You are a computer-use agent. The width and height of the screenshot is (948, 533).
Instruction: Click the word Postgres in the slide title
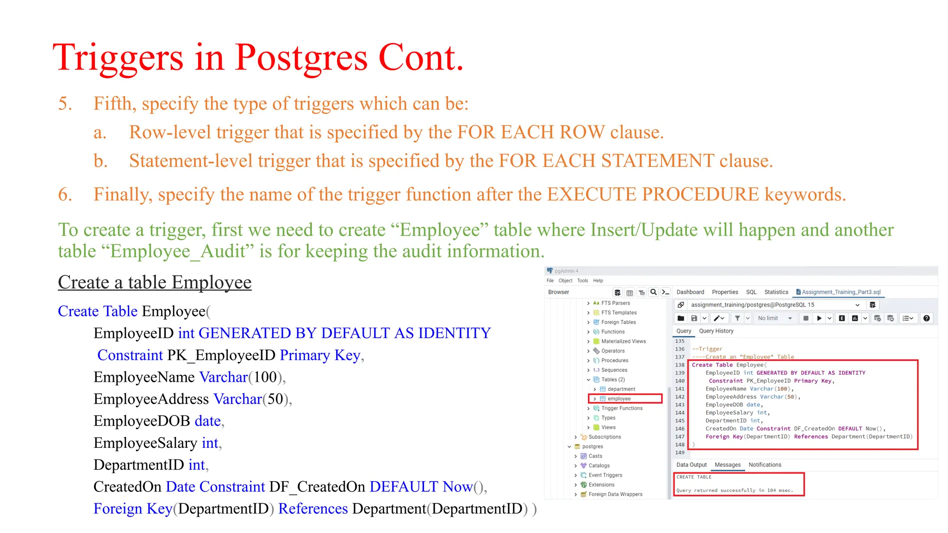coord(301,58)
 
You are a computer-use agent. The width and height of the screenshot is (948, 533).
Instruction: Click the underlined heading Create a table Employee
coord(155,282)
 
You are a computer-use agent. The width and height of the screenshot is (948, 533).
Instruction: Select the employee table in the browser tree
coord(619,399)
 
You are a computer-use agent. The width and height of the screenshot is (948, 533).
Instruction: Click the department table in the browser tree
coord(621,389)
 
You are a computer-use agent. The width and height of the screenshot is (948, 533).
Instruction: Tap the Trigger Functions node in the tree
coord(622,408)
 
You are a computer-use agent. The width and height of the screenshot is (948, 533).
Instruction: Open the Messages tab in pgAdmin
coord(727,465)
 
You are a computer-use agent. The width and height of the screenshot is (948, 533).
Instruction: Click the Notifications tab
coord(765,465)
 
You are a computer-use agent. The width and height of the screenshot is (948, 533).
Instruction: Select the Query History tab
coord(716,331)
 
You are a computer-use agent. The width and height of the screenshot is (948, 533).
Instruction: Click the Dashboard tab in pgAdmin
coord(690,292)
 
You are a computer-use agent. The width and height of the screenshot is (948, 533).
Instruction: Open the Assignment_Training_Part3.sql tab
coord(841,292)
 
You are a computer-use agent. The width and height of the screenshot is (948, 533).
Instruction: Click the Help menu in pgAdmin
coord(598,280)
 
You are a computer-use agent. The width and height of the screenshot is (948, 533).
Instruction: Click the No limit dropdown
coord(774,318)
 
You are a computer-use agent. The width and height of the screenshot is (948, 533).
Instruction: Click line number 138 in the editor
coord(680,365)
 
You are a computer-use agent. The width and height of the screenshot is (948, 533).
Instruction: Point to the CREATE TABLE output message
coord(694,477)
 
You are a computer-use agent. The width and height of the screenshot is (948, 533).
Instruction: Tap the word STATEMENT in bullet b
coord(657,161)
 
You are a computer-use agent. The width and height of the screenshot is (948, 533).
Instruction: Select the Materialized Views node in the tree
coord(623,341)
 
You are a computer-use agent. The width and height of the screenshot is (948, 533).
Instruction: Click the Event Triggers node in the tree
coord(605,475)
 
